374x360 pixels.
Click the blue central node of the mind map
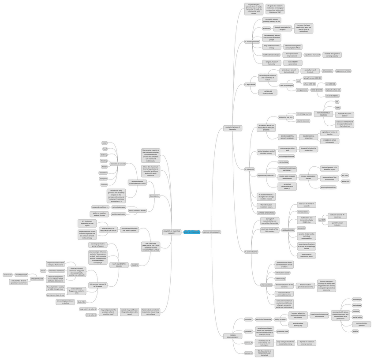[x=192, y=232]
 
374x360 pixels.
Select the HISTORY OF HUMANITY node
[x=212, y=232]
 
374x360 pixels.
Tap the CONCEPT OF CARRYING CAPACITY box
[x=172, y=232]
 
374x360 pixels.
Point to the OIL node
[x=337, y=101]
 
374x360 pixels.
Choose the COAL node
[x=338, y=108]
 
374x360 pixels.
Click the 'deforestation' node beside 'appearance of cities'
[x=327, y=71]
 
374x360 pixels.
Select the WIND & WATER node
[x=317, y=90]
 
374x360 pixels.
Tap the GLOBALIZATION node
[x=288, y=230]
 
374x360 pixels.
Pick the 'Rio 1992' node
[x=345, y=175]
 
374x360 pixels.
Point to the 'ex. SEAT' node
[x=322, y=220]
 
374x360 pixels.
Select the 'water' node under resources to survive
[x=105, y=143]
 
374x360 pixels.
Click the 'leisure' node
[x=104, y=184]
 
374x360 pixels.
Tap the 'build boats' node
[x=8, y=275]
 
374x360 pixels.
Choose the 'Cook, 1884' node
[x=82, y=302]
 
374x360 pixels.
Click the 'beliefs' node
[x=355, y=331]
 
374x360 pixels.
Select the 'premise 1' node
[x=249, y=319]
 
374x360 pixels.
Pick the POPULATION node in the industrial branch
[x=284, y=162]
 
